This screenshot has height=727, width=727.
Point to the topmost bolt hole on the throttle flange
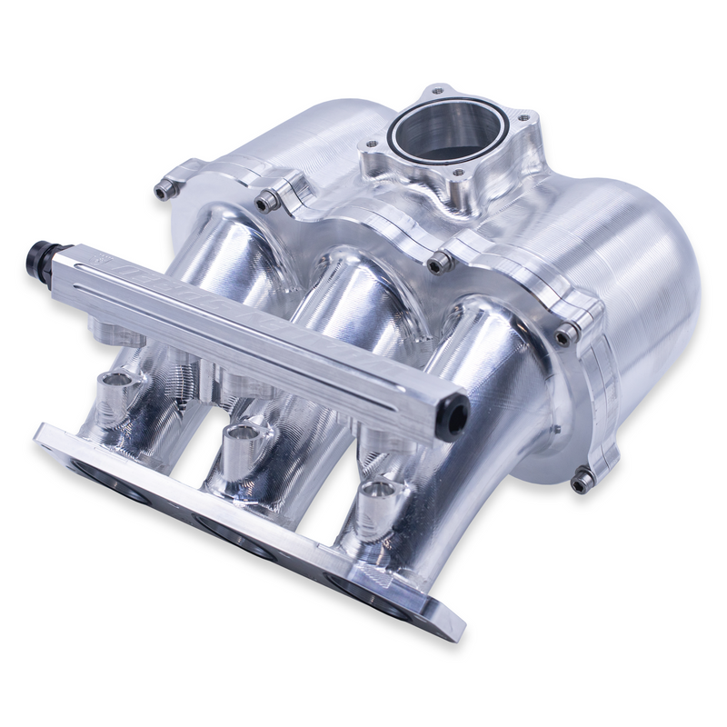pos(439,89)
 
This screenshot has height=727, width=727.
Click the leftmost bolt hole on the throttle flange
pos(371,145)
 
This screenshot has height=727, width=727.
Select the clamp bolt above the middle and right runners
pos(441,264)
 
